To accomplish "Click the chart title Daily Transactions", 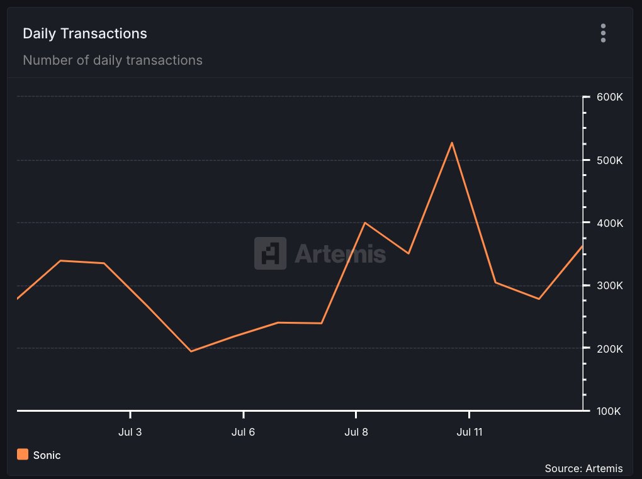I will (85, 33).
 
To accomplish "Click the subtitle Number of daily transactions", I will (113, 60).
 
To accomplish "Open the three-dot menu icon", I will (603, 33).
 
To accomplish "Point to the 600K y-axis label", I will (610, 97).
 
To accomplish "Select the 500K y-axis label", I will (610, 160).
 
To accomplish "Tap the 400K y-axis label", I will (610, 223).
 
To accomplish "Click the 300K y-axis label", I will (610, 285).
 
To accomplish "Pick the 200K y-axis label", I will (610, 348).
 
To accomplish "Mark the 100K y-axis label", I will (610, 411).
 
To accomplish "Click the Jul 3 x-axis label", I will (130, 432).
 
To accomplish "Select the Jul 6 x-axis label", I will (243, 432).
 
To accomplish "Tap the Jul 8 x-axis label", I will (356, 432).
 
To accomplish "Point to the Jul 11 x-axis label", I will (469, 432).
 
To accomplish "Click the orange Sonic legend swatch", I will (23, 454).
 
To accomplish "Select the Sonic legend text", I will (47, 455).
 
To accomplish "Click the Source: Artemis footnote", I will (583, 468).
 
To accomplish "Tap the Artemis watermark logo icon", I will (270, 253).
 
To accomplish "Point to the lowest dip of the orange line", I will (191, 351).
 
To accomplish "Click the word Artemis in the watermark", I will (340, 254).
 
